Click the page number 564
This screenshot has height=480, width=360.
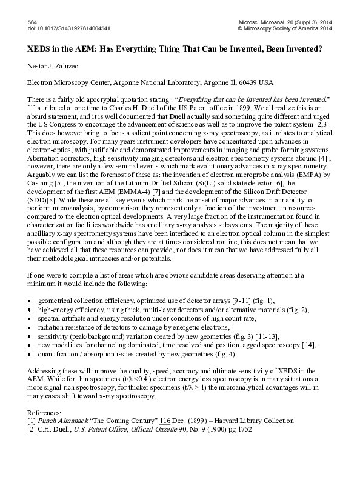pyautogui.click(x=33, y=21)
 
